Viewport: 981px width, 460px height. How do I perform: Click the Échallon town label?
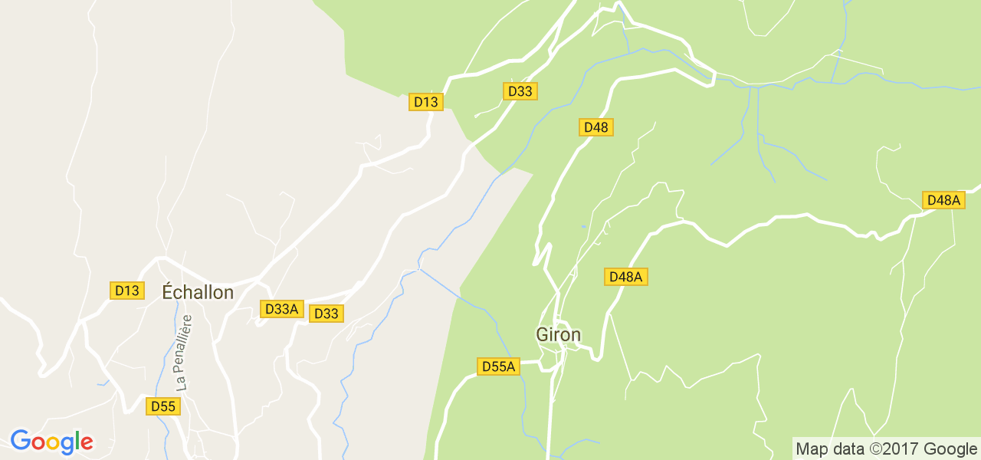coord(198,292)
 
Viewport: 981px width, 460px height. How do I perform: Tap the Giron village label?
coord(558,335)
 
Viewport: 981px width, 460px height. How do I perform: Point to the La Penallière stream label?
coord(182,353)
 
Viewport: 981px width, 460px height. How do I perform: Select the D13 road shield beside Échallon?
coord(126,291)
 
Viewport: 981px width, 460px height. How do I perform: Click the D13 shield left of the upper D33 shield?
coord(425,102)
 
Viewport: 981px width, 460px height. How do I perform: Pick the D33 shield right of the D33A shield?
coord(326,314)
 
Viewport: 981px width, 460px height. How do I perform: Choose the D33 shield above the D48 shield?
coord(520,91)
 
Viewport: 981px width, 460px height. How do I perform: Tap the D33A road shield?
coord(281,309)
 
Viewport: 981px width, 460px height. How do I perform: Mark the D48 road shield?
coord(595,127)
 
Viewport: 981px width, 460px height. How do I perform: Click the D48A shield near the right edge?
coord(943,200)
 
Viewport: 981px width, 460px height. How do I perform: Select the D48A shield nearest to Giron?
coord(626,277)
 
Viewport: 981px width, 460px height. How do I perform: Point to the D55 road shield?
coord(163,406)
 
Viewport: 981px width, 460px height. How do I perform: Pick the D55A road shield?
coord(498,366)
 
